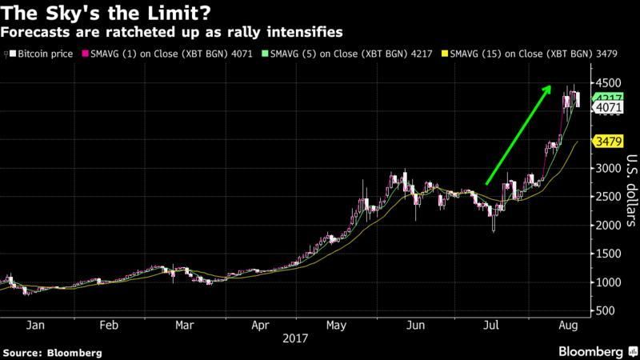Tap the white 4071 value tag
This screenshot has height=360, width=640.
click(x=606, y=107)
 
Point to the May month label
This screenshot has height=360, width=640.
click(x=336, y=326)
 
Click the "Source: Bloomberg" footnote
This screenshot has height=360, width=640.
click(x=53, y=352)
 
